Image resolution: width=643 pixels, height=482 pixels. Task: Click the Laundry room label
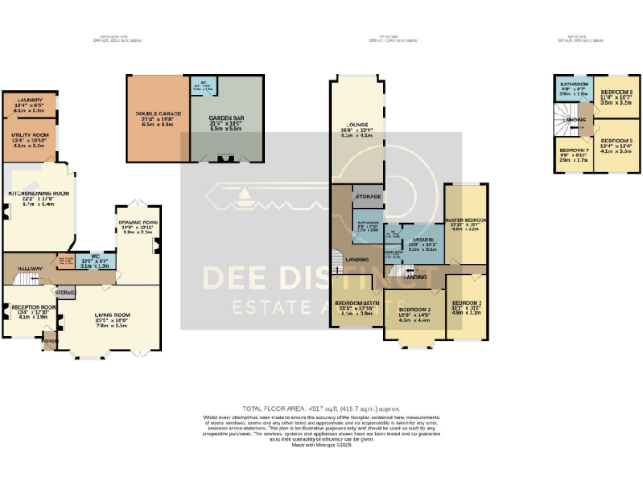(x=29, y=100)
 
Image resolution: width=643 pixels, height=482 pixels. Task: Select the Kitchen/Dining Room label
(x=39, y=193)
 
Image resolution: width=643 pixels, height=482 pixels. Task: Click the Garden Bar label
(x=226, y=118)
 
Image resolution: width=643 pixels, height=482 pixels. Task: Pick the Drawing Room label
(x=138, y=222)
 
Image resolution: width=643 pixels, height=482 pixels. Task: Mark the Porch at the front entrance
(x=49, y=341)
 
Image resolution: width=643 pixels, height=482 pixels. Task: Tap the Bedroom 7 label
(x=574, y=151)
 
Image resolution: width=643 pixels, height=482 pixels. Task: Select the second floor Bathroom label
(x=574, y=85)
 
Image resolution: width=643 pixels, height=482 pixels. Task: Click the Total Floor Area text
(x=321, y=408)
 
